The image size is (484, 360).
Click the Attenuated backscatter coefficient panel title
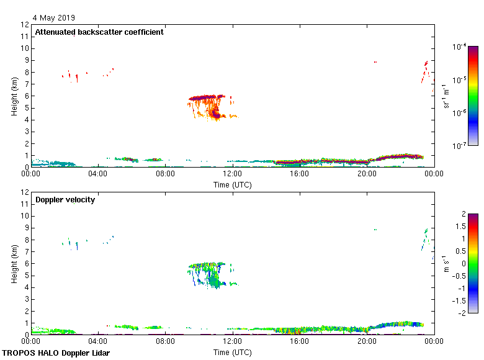99,32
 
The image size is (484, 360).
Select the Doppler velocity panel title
65,200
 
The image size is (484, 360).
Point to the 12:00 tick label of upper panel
233,174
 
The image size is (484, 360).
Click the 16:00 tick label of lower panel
300,341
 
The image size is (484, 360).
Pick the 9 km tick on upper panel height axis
25,60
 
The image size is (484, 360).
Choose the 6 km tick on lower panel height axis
25,263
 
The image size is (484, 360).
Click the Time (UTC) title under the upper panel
232,184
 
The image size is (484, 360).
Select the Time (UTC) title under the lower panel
232,352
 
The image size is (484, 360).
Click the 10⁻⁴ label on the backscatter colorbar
460,47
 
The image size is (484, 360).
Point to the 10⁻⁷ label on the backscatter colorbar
460,146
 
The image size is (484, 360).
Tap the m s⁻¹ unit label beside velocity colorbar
446,263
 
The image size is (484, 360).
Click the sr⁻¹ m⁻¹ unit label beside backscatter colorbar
446,96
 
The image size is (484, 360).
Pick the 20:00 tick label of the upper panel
367,174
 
